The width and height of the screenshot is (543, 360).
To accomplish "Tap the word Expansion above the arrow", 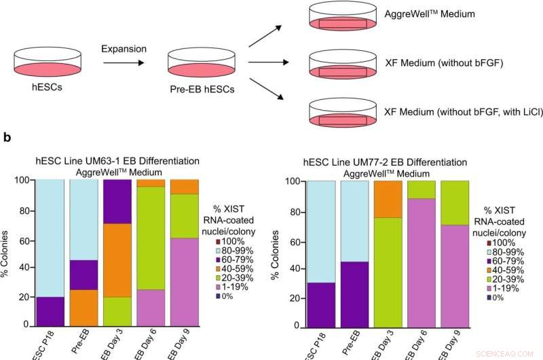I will (123, 49).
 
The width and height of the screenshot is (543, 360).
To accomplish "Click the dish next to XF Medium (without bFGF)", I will (342, 64).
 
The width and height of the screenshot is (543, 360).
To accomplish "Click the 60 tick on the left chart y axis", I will (25, 240).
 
